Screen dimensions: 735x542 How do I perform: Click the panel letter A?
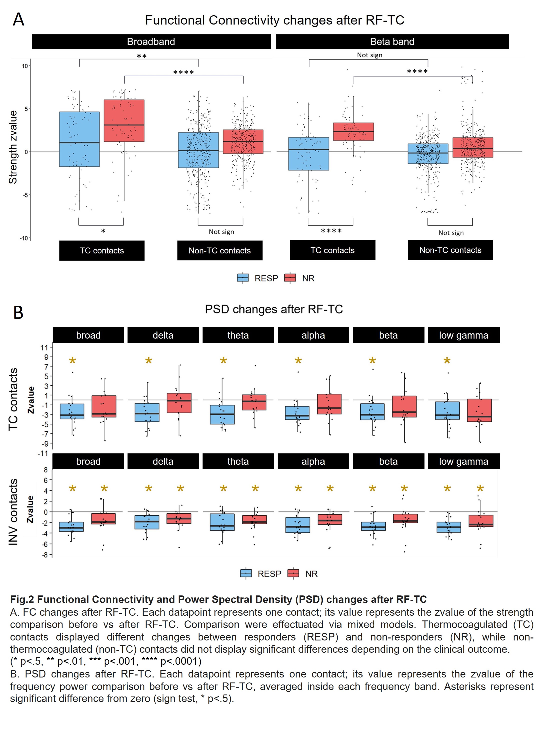(x=18, y=20)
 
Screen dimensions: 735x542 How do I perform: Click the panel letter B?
(x=18, y=312)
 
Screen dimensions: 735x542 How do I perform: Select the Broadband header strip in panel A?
(x=151, y=42)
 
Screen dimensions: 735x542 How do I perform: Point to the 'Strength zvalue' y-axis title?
(x=13, y=147)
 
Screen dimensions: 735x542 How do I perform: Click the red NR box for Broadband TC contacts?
(x=124, y=121)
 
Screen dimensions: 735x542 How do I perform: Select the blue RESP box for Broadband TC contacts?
(x=79, y=139)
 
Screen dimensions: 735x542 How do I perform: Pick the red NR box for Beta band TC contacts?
(x=353, y=132)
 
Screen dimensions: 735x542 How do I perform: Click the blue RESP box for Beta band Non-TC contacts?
(x=428, y=154)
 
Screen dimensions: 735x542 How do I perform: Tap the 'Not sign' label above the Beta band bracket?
(x=369, y=55)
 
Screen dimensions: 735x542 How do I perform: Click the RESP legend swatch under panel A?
(x=243, y=278)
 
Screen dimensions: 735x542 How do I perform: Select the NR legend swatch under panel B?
(x=293, y=573)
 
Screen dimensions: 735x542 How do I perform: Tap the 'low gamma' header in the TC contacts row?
(x=463, y=335)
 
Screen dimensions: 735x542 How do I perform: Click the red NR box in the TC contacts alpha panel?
(x=329, y=404)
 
